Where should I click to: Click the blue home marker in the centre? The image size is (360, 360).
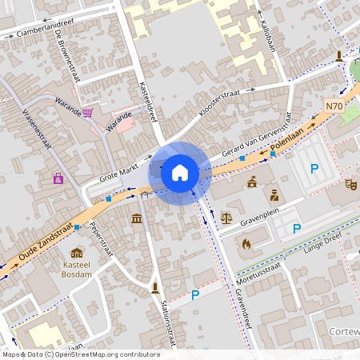point(180,172)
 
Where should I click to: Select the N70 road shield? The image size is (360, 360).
point(334,106)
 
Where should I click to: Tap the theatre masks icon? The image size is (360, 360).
point(350,185)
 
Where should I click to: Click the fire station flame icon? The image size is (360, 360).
point(246,243)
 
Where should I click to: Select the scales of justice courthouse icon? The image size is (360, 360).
point(227,216)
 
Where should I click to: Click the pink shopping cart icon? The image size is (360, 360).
point(87,113)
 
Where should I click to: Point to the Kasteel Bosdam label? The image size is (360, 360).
point(77,269)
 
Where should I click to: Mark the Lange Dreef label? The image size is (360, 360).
point(323,251)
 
